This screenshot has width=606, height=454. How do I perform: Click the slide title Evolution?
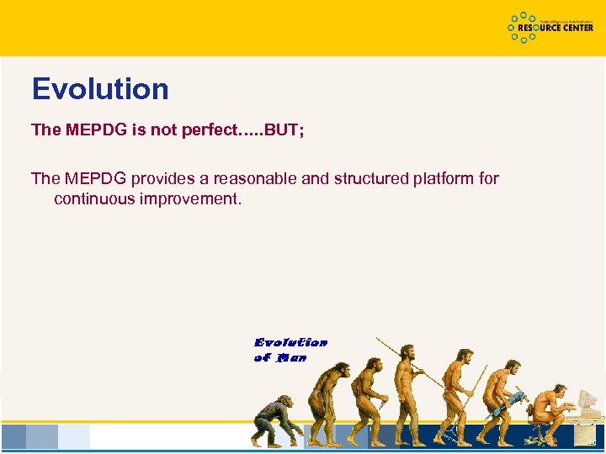(100, 89)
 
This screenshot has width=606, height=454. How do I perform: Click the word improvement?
(189, 199)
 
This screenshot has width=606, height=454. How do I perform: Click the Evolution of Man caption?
(290, 350)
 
